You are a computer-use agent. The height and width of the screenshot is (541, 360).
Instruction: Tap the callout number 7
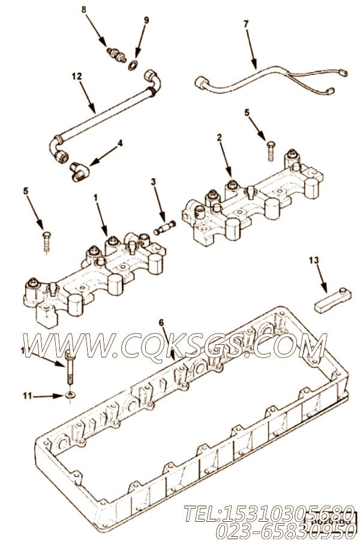(245, 23)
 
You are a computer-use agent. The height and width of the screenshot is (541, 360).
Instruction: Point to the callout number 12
(76, 77)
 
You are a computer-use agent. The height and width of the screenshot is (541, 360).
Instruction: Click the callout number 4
(120, 143)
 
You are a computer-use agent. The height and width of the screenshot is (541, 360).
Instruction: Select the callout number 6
(161, 323)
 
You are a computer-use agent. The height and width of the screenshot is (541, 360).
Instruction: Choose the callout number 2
(220, 137)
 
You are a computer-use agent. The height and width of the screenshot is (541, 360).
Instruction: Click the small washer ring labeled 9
(131, 63)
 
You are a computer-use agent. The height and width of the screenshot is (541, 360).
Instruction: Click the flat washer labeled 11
(71, 395)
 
